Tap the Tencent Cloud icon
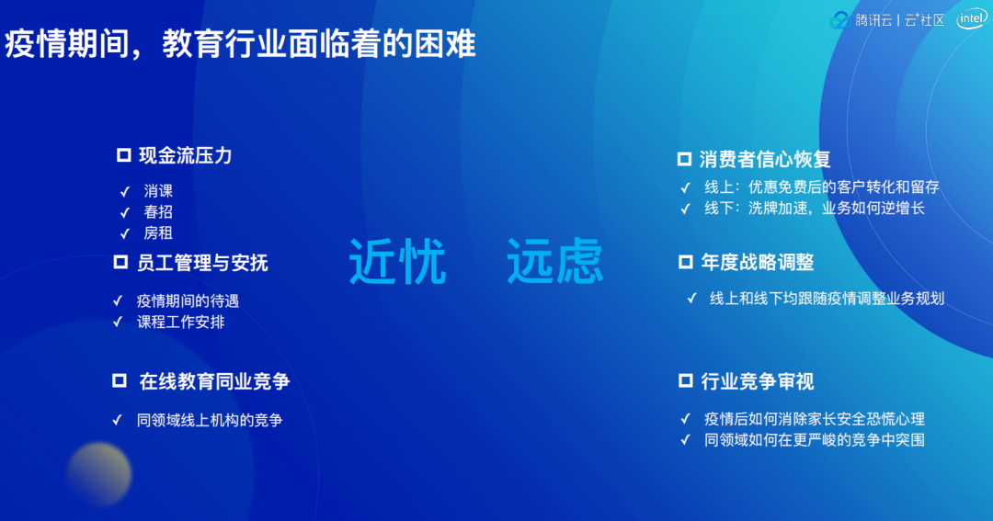pyautogui.click(x=840, y=20)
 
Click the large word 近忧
pyautogui.click(x=398, y=262)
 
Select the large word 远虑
pyautogui.click(x=554, y=261)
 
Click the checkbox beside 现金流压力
pyautogui.click(x=123, y=155)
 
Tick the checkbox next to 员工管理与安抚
pyautogui.click(x=120, y=262)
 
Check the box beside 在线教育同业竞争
pyautogui.click(x=119, y=379)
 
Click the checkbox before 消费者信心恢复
pyautogui.click(x=684, y=158)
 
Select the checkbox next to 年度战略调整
pyautogui.click(x=685, y=262)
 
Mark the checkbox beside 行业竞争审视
pyautogui.click(x=685, y=379)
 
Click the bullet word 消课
pyautogui.click(x=158, y=190)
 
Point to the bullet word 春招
pyautogui.click(x=158, y=211)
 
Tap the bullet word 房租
pyautogui.click(x=158, y=233)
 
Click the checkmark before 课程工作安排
pyautogui.click(x=117, y=322)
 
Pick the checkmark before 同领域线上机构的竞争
pyautogui.click(x=117, y=420)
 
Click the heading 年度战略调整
pyautogui.click(x=758, y=262)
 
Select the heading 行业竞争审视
pyautogui.click(x=758, y=381)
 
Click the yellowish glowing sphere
pyautogui.click(x=99, y=474)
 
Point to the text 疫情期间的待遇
pyautogui.click(x=188, y=300)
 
